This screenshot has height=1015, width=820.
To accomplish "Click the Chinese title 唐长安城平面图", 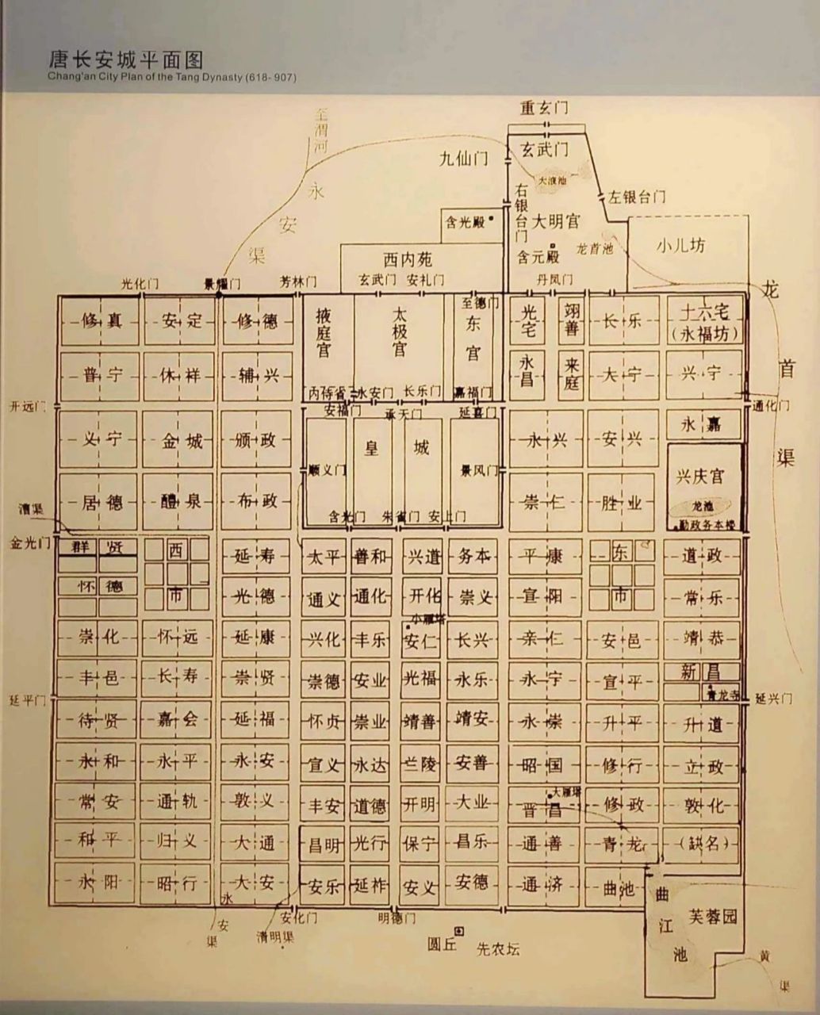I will (125, 60).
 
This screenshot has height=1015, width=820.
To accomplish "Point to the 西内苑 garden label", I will (408, 259).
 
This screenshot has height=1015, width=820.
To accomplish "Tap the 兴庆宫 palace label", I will (699, 477).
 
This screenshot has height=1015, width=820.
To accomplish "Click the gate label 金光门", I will (29, 543).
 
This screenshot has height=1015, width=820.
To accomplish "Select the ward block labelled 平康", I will (543, 557).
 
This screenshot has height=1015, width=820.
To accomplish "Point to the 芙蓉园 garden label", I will (712, 917).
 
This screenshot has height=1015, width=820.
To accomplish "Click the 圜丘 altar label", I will (441, 944).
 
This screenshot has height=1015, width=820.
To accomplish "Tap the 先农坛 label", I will (498, 948).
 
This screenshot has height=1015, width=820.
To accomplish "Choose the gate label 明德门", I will (397, 918).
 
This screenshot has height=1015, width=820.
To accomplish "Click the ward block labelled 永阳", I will (98, 882).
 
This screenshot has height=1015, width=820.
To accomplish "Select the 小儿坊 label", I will (680, 246).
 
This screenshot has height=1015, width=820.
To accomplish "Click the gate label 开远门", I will (28, 406).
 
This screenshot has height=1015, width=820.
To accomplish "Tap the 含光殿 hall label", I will (466, 224).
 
